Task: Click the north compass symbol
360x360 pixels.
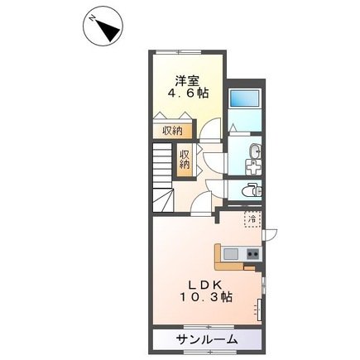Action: [103, 26]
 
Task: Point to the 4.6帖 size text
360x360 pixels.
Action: [188, 94]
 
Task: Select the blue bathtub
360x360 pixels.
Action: [244, 98]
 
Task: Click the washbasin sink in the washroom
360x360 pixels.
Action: [255, 151]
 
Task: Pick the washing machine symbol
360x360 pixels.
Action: [253, 166]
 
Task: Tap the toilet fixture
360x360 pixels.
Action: [252, 190]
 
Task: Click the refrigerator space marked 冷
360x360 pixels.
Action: [252, 219]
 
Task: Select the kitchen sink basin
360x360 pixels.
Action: [231, 253]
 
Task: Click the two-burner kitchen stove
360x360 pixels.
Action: [253, 253]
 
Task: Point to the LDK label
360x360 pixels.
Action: [205, 285]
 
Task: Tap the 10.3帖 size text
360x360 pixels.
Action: [206, 297]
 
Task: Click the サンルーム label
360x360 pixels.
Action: [207, 339]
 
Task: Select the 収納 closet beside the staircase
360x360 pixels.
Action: [185, 160]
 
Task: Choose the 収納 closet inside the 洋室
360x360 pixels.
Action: [172, 131]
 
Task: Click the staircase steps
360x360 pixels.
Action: [162, 177]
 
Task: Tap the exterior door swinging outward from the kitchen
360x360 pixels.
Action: [270, 234]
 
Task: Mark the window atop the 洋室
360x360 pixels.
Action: [178, 52]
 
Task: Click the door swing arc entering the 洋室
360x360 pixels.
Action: [210, 128]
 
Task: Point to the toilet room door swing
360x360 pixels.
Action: [216, 189]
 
